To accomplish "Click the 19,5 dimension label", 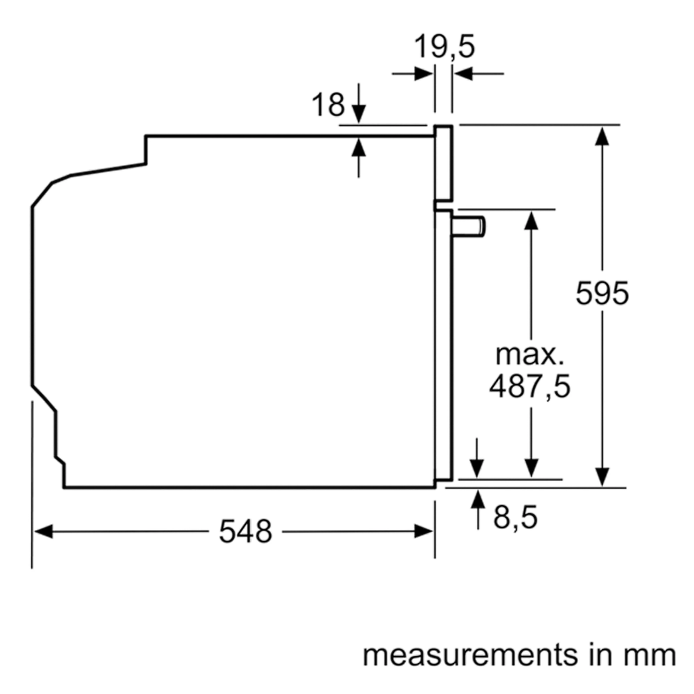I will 445,47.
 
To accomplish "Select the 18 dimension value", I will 328,105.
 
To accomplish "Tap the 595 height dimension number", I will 602,294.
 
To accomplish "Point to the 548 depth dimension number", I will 245,532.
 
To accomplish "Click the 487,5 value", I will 530,387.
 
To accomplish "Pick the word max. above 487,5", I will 530,355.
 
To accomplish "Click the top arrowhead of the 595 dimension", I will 602,136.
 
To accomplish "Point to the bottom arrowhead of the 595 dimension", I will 602,477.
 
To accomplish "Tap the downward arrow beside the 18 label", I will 358,114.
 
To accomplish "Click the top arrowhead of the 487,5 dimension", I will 531,221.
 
